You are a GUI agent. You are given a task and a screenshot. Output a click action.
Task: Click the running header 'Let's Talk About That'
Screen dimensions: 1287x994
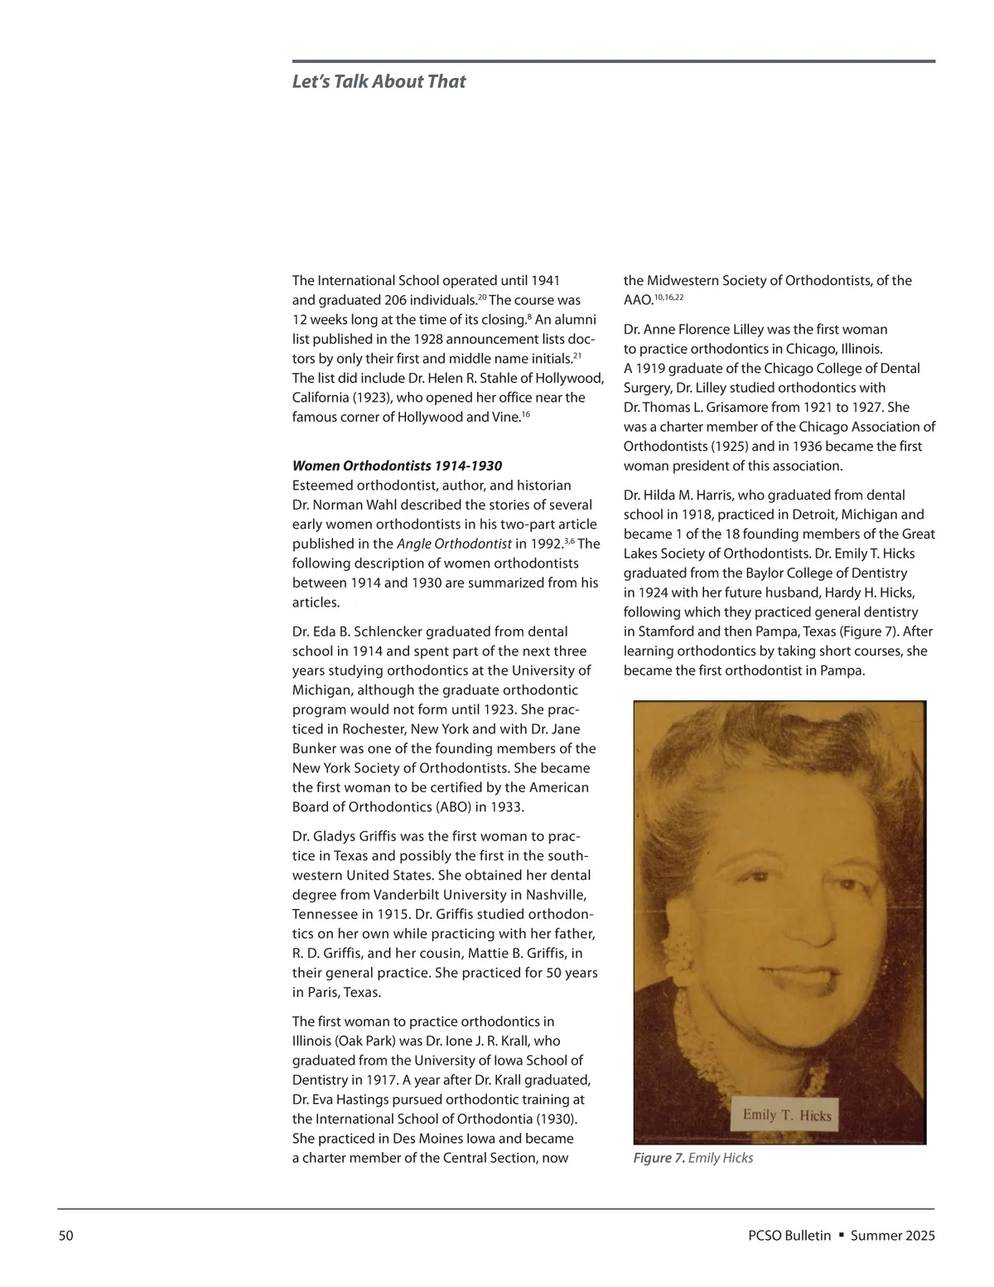(x=379, y=82)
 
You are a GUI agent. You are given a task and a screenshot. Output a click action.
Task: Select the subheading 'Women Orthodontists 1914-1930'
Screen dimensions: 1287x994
(x=397, y=466)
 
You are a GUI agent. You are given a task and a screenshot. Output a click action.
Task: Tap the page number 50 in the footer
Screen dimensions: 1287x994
(x=66, y=1236)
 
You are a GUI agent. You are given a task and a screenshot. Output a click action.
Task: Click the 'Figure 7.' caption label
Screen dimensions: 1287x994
(x=659, y=1158)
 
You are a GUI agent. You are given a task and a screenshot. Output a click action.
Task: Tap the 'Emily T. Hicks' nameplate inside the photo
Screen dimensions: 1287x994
(x=786, y=1115)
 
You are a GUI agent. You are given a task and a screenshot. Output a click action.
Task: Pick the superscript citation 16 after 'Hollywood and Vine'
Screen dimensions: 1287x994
(x=526, y=413)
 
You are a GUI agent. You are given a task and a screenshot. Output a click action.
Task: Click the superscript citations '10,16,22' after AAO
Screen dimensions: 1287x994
(x=669, y=297)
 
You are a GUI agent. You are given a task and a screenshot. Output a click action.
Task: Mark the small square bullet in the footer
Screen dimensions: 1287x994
(x=841, y=1235)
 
